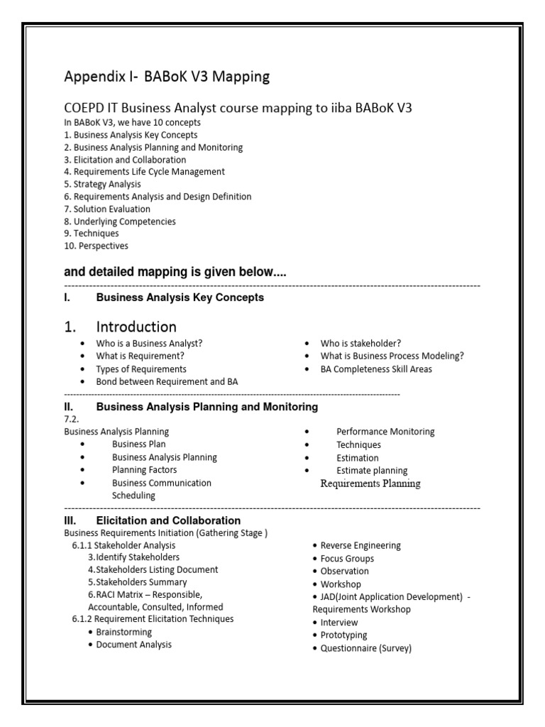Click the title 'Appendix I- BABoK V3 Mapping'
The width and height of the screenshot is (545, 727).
[167, 77]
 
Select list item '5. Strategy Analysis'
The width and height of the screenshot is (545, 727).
[102, 184]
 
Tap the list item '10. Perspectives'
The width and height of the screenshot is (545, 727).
[97, 246]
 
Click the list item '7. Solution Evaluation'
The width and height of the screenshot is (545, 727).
[107, 209]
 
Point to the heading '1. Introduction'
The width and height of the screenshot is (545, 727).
[121, 327]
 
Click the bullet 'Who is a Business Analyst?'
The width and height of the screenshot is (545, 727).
[150, 344]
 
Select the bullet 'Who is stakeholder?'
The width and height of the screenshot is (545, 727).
[360, 344]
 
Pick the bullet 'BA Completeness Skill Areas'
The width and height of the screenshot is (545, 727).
[376, 369]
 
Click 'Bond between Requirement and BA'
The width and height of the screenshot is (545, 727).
[167, 382]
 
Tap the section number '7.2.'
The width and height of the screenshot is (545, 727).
[72, 420]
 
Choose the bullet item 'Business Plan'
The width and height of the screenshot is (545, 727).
[139, 444]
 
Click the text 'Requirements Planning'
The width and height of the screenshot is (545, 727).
[370, 483]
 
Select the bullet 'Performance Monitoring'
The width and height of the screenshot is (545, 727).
[385, 432]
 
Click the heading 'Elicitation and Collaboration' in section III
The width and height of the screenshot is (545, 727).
[168, 520]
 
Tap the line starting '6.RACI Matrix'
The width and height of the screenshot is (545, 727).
[145, 594]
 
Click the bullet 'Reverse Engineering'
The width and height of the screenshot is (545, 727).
[360, 545]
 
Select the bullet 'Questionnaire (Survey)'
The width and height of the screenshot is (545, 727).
[365, 648]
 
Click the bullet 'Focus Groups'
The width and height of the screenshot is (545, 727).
[347, 559]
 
